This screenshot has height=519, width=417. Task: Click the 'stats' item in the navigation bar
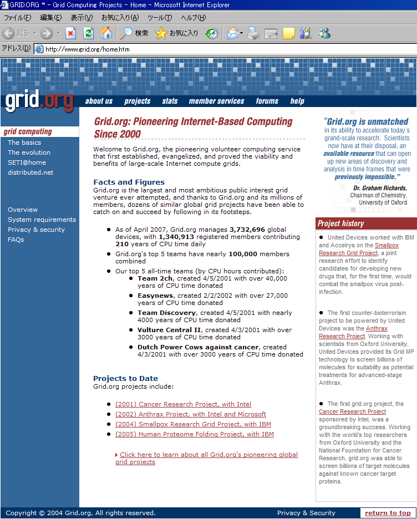click(170, 101)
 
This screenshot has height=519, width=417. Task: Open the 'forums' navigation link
click(267, 101)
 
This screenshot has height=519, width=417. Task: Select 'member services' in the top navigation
click(216, 101)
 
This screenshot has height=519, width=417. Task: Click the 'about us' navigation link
click(99, 101)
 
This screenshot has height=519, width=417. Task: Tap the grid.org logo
click(39, 101)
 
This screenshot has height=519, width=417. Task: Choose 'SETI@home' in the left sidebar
click(27, 162)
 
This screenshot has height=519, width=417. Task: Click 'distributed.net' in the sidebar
click(30, 172)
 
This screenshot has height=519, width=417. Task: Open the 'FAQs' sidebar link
click(16, 240)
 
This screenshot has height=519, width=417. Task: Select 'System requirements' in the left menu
click(42, 220)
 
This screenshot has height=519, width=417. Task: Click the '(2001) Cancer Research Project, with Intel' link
click(183, 404)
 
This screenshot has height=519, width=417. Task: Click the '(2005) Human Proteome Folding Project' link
click(194, 434)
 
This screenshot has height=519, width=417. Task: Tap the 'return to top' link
click(388, 513)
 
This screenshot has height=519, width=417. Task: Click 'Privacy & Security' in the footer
click(306, 513)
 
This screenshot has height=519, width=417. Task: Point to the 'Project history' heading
click(340, 223)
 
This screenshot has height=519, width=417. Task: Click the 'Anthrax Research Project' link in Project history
click(353, 332)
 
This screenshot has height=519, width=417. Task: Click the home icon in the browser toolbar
click(105, 33)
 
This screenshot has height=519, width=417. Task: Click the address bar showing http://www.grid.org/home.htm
click(222, 49)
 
